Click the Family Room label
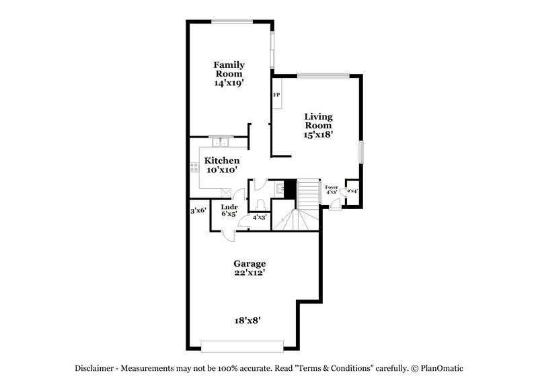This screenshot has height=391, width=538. coord(229,69)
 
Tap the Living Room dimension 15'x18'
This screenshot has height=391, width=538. coord(318,134)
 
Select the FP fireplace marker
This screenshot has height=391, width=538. coord(276,95)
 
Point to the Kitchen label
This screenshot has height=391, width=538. coord(222,161)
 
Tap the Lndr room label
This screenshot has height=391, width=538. coord(229,206)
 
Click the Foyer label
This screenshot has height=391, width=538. coord(331,187)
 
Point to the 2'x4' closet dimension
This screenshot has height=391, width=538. coord(352,191)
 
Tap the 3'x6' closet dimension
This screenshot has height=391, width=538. coord(198,210)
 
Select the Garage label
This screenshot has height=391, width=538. coord(250,264)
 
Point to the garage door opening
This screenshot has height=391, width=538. coord(242,345)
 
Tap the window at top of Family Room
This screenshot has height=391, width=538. coord(232,21)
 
